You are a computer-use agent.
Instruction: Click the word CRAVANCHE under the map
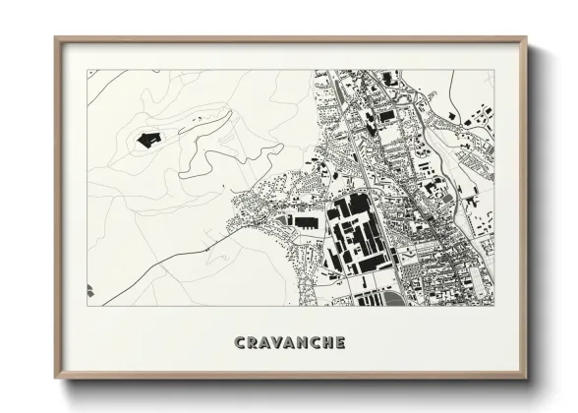click(290, 343)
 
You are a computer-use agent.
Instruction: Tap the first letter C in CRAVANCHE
click(240, 343)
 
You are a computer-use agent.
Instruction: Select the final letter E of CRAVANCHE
click(340, 343)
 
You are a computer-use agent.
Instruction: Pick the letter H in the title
click(327, 343)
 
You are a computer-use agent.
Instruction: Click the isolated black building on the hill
click(148, 139)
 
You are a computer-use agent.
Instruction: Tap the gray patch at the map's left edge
click(89, 289)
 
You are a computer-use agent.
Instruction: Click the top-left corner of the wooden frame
click(56, 39)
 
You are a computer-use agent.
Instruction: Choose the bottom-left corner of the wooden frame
click(56, 378)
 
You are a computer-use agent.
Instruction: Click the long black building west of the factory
click(305, 223)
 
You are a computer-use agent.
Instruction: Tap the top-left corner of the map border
click(87, 70)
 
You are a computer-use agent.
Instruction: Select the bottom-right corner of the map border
click(493, 306)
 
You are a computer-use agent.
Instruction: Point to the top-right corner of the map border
click(493, 70)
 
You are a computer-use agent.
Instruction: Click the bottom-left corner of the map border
click(87, 306)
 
